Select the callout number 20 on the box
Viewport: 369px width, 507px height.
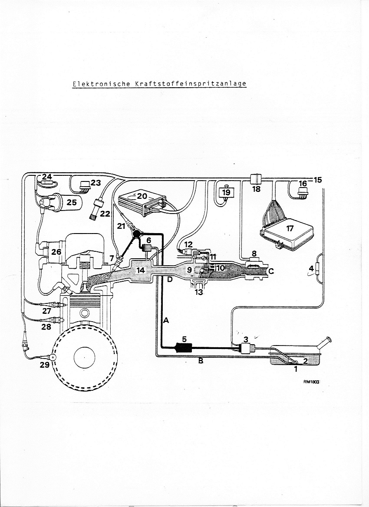(x=142, y=196)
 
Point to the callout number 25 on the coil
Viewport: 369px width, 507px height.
(x=71, y=202)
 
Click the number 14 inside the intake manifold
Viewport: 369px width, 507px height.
(x=140, y=270)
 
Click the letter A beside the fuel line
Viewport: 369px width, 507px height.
(x=165, y=321)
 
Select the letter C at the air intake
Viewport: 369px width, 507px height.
(x=271, y=271)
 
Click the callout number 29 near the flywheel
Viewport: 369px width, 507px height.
(x=45, y=365)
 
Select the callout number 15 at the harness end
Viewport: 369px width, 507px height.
(x=318, y=180)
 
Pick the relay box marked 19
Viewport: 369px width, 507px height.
(x=227, y=191)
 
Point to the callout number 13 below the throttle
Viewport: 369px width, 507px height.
(x=198, y=292)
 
